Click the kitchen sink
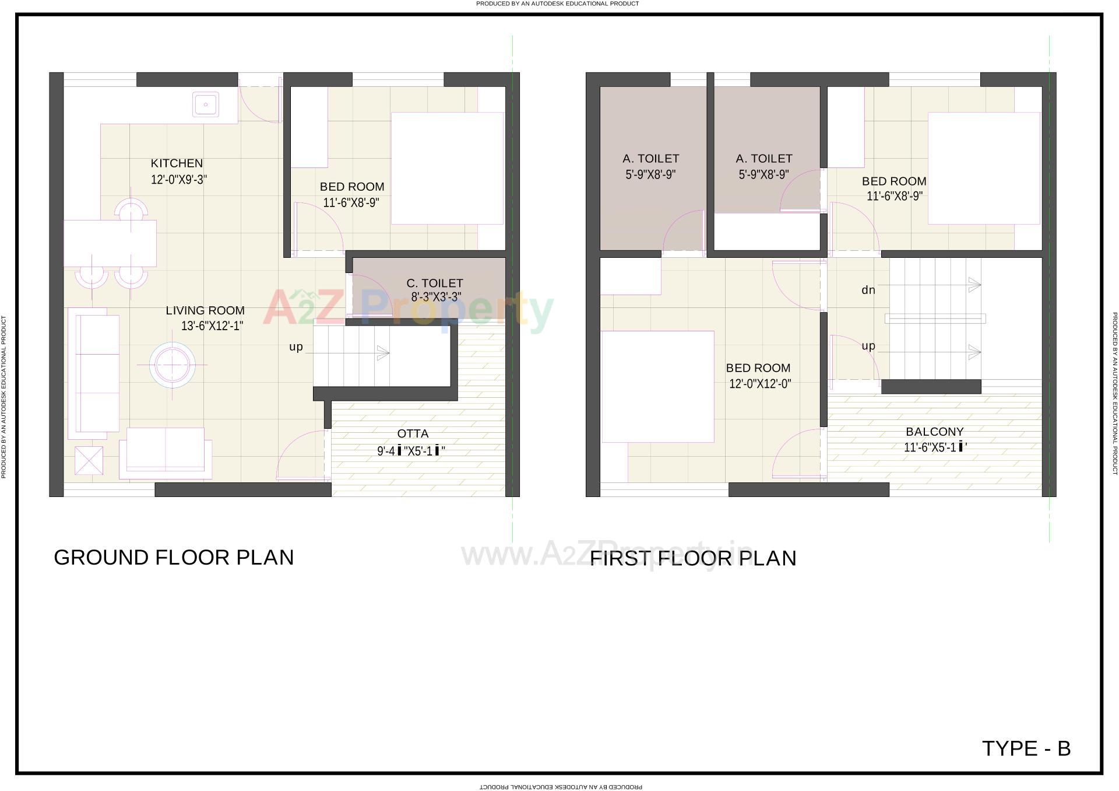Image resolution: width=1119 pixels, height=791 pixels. pyautogui.click(x=206, y=105)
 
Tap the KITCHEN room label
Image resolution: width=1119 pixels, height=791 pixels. pyautogui.click(x=177, y=163)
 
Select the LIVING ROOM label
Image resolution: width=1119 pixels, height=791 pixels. pyautogui.click(x=205, y=310)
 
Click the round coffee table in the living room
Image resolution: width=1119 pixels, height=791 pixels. pyautogui.click(x=172, y=365)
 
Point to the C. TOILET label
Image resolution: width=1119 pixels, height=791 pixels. pyautogui.click(x=435, y=283)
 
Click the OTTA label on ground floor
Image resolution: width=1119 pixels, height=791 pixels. pyautogui.click(x=413, y=433)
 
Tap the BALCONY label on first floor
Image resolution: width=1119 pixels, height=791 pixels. pyautogui.click(x=934, y=432)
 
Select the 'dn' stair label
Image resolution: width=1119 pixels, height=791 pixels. pyautogui.click(x=868, y=290)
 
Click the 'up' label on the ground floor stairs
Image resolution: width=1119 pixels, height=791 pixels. pyautogui.click(x=296, y=347)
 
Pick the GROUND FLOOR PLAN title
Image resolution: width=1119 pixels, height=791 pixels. pyautogui.click(x=174, y=558)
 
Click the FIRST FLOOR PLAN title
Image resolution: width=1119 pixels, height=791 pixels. pyautogui.click(x=693, y=558)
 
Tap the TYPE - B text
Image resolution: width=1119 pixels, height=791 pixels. pyautogui.click(x=1026, y=748)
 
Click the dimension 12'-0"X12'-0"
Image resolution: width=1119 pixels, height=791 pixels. pyautogui.click(x=760, y=384)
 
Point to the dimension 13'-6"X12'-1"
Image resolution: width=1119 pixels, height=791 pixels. pyautogui.click(x=212, y=326)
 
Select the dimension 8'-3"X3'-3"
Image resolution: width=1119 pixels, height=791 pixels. pyautogui.click(x=436, y=297)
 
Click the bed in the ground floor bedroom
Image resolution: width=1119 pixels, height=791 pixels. pyautogui.click(x=447, y=168)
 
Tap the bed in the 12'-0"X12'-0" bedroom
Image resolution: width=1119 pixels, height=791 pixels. pyautogui.click(x=657, y=387)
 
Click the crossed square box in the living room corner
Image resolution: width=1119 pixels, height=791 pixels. pyautogui.click(x=89, y=460)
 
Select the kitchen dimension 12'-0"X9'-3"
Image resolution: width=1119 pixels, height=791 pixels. pyautogui.click(x=179, y=180)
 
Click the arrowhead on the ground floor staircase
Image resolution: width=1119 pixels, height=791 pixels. pyautogui.click(x=383, y=353)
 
